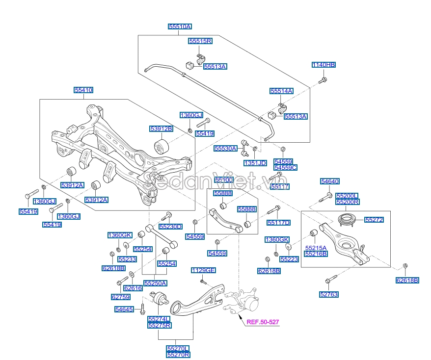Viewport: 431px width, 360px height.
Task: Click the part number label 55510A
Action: coord(180,27)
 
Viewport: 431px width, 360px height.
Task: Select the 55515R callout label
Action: coord(200,41)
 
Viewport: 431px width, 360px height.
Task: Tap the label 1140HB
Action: coord(324,65)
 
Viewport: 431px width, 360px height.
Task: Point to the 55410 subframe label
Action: coord(83,90)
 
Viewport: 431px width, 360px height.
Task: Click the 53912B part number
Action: coord(162,129)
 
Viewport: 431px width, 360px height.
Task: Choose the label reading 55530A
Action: coord(225,148)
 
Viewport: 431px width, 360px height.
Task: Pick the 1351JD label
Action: coord(255,163)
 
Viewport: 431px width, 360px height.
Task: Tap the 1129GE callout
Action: coord(203,270)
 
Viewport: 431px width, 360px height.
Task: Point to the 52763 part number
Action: coord(329,294)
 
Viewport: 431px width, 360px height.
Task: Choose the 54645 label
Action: coord(125,309)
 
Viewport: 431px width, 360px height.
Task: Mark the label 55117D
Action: coord(279,223)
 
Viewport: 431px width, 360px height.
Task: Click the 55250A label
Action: coord(155,283)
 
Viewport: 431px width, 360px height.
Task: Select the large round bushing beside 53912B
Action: coord(162,146)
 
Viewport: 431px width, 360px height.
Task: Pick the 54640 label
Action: coord(330,181)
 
